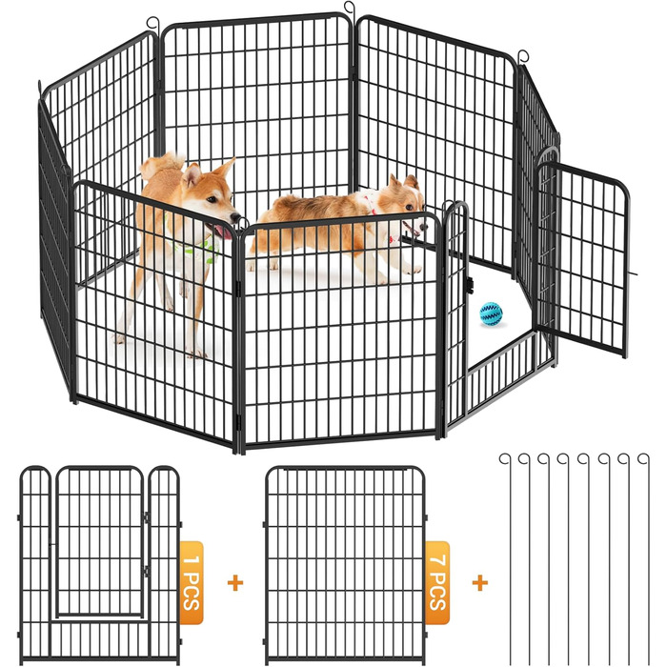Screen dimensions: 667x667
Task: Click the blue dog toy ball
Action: click(491, 313)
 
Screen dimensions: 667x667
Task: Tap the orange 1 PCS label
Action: click(192, 582)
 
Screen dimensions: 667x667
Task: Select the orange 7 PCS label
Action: click(437, 582)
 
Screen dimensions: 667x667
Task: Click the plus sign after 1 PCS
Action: click(235, 583)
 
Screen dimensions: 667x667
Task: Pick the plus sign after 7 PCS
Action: click(480, 583)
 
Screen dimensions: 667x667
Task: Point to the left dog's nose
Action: click(235, 217)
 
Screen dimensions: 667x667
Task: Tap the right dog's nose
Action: click(423, 227)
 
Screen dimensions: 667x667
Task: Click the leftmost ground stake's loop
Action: click(505, 459)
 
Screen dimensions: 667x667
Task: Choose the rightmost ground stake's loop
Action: click(644, 459)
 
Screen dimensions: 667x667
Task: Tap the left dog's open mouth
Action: click(221, 232)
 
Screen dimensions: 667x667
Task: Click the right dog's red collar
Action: click(371, 203)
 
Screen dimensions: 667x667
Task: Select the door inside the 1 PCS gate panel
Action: click(100, 541)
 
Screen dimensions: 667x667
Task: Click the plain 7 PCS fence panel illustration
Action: click(345, 565)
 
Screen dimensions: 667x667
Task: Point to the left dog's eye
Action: click(212, 198)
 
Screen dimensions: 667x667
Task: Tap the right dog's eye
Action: click(409, 207)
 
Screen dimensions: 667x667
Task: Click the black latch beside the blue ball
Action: click(470, 285)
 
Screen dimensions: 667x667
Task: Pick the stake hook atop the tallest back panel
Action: click(350, 9)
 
